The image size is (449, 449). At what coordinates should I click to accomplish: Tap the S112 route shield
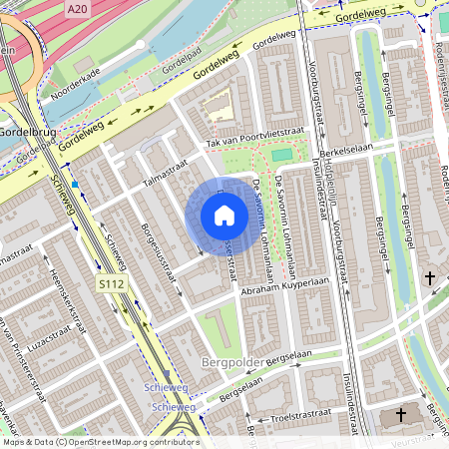(x=111, y=285)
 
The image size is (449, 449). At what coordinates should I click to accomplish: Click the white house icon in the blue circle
(x=224, y=215)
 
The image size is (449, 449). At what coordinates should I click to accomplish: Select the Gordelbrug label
(x=28, y=132)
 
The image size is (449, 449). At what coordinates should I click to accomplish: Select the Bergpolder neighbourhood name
(x=236, y=362)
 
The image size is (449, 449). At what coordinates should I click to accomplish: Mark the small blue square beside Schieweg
(x=74, y=185)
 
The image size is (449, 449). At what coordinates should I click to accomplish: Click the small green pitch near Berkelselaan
(x=281, y=155)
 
